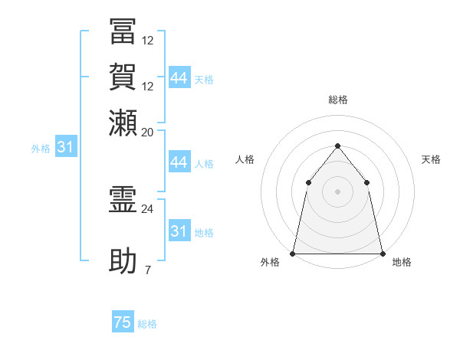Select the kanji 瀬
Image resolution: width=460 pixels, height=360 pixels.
tap(123, 122)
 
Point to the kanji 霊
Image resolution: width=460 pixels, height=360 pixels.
tap(123, 201)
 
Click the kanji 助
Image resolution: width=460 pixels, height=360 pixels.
tap(123, 260)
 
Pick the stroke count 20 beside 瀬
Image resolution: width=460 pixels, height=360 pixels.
tap(148, 133)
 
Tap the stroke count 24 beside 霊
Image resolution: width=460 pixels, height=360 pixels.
tap(148, 208)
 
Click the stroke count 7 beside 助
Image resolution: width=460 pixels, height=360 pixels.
tap(148, 270)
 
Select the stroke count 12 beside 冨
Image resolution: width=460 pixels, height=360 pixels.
tap(148, 41)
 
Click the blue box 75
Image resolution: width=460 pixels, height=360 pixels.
tap(123, 322)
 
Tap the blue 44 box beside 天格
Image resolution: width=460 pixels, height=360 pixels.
tap(179, 78)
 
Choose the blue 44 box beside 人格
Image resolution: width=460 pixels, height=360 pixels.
tap(179, 162)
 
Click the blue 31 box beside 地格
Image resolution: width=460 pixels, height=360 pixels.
tap(179, 231)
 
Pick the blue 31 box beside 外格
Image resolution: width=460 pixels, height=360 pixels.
tap(65, 148)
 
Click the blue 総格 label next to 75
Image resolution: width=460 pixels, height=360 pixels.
tap(147, 324)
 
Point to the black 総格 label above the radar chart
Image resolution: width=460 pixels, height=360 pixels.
tap(337, 100)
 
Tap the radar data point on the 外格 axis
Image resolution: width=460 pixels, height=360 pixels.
tap(293, 253)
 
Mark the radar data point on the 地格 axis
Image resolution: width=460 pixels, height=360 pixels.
tap(382, 253)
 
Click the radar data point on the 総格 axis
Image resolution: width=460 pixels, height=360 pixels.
tap(337, 146)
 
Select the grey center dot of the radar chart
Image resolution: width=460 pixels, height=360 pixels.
tap(337, 191)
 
